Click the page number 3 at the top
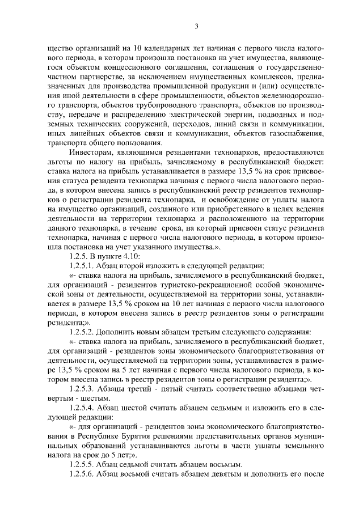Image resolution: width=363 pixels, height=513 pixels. pyautogui.click(x=196, y=26)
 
